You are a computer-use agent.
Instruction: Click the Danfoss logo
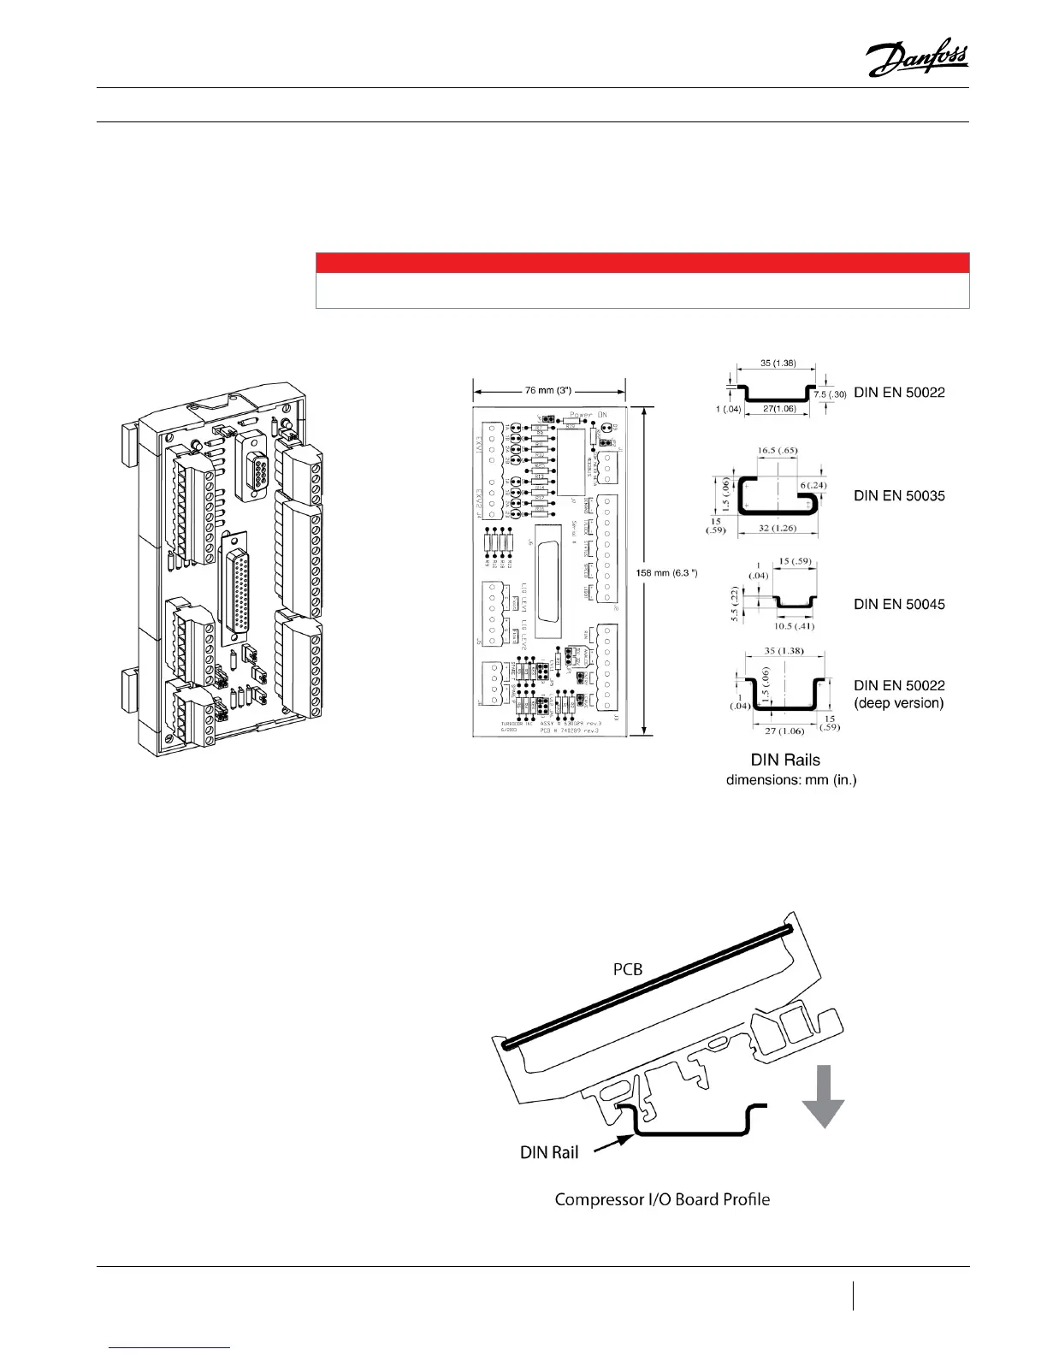(x=917, y=59)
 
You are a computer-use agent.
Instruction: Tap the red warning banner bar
(x=642, y=262)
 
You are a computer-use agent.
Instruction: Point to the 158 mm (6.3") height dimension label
(x=667, y=572)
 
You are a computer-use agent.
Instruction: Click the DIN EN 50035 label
(x=899, y=496)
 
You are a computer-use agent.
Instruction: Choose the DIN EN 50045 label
(x=899, y=604)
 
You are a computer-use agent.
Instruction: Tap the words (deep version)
(x=899, y=703)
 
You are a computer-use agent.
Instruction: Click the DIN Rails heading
(x=785, y=760)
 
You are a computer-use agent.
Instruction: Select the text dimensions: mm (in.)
(x=791, y=780)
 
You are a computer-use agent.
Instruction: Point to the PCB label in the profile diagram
(x=628, y=969)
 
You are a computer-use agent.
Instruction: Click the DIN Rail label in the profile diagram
(x=549, y=1152)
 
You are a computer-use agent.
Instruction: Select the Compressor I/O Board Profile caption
(x=662, y=1199)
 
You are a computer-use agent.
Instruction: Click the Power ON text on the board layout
(x=588, y=415)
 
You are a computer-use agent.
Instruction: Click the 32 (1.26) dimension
(x=777, y=528)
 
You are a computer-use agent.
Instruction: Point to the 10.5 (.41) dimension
(x=795, y=625)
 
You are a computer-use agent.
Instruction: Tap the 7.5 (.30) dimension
(x=830, y=394)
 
